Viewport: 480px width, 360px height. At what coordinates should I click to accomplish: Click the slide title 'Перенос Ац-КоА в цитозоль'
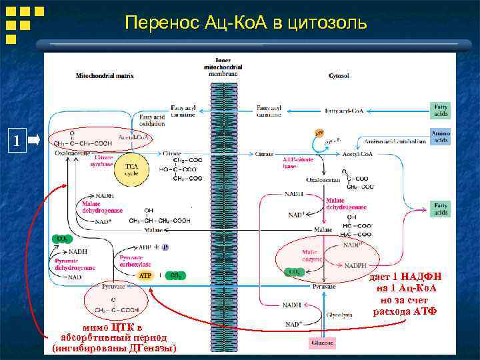click(x=246, y=23)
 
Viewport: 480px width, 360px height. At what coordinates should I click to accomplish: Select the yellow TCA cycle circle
click(x=131, y=169)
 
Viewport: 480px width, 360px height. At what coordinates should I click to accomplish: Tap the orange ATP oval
click(x=145, y=275)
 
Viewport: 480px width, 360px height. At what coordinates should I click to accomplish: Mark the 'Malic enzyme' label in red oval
click(x=311, y=255)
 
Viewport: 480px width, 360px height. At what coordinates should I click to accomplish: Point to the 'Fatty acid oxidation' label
click(x=152, y=121)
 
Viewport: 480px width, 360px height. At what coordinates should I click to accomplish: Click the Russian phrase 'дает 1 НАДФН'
click(x=405, y=277)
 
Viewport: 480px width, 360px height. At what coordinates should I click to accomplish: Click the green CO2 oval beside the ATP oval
click(x=174, y=275)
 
